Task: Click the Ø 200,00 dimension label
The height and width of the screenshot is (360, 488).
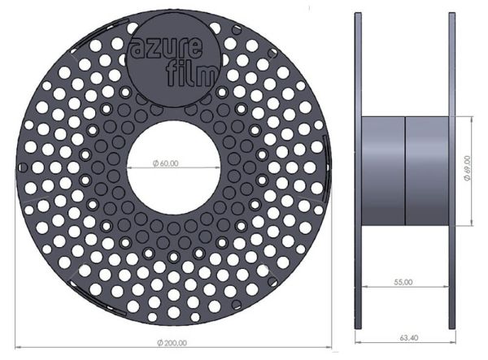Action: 172,343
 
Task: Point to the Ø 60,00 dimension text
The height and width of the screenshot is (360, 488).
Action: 166,163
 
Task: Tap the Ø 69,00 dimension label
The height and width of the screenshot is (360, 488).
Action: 467,168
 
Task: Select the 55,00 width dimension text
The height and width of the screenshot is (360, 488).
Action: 403,282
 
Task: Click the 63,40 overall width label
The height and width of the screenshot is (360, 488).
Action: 408,337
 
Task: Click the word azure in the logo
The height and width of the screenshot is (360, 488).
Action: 165,49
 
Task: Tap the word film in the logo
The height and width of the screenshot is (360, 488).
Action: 191,75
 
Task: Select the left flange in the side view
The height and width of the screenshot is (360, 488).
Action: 358,171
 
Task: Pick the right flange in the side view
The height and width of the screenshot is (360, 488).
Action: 452,171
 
